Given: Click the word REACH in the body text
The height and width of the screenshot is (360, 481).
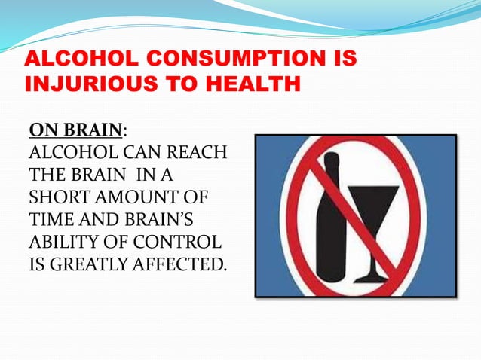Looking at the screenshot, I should click(199, 154).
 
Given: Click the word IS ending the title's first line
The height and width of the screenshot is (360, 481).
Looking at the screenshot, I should click(343, 59).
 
